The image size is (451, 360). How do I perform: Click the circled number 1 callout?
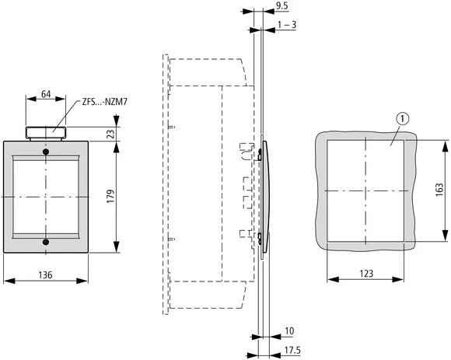click(x=401, y=119)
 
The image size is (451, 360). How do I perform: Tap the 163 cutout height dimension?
click(x=439, y=190)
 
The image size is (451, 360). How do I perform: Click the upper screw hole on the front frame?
click(x=44, y=152)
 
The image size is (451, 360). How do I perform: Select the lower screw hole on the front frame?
click(x=44, y=243)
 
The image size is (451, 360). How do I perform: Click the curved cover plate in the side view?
click(x=266, y=198)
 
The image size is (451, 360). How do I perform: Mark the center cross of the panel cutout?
click(x=365, y=190)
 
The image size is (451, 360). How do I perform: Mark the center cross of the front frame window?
click(x=44, y=197)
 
